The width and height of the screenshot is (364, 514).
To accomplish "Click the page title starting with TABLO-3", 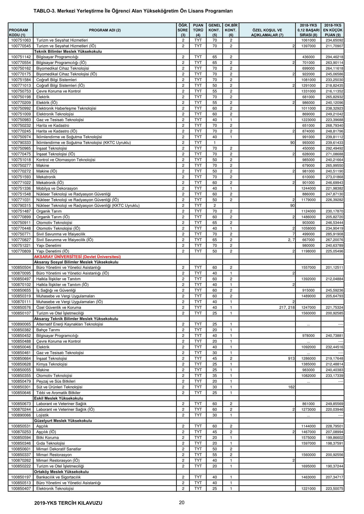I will click(133, 11).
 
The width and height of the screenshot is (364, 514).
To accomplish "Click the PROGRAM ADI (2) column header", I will click(105, 30).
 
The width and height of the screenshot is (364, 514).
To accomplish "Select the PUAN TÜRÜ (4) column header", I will click(198, 30).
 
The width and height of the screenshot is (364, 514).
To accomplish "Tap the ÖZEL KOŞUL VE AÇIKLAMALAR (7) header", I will click(267, 33).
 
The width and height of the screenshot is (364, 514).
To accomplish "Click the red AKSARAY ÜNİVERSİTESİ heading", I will click(77, 256).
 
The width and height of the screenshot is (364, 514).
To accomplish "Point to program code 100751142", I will click(21, 57).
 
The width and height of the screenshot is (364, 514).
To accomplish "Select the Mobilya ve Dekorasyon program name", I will click(57, 188).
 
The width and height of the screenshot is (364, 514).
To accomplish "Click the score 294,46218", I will click(333, 57).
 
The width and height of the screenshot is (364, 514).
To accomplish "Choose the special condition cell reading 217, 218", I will click(287, 307).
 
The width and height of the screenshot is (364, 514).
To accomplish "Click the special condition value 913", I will click(291, 358).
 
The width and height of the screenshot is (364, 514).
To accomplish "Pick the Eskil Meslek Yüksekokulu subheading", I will click(59, 398).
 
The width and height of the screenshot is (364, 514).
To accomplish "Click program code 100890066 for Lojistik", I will click(21, 415).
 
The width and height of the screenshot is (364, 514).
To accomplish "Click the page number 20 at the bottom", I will click(182, 502).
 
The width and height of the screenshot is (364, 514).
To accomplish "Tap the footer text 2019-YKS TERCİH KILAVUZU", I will click(68, 503).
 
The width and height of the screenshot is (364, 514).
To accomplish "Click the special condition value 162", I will click(291, 387).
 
